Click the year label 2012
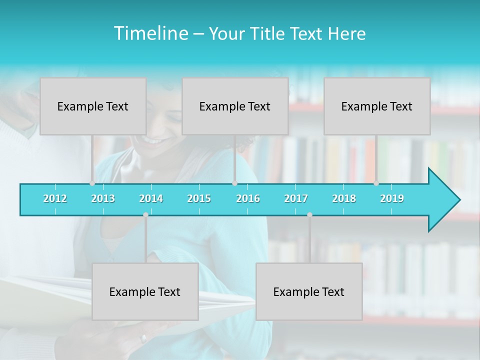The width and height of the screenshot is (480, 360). (55, 198)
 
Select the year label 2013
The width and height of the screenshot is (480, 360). (103, 198)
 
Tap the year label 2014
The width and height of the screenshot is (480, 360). (151, 198)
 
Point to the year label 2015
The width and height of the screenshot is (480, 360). (199, 198)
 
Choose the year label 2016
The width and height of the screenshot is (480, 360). (248, 198)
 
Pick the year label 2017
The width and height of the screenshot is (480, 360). (296, 198)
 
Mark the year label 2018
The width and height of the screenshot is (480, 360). (344, 198)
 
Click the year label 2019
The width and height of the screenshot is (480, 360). (392, 198)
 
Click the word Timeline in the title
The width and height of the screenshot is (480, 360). (150, 33)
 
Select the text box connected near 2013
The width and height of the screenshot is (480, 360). (93, 106)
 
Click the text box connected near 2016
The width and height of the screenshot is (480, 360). (235, 106)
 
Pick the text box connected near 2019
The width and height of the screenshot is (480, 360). (377, 106)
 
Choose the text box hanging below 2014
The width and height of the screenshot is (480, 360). (145, 291)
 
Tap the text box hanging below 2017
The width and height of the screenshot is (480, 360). (309, 291)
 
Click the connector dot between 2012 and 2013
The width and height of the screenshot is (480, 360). (92, 183)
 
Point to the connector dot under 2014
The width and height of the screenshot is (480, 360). (145, 214)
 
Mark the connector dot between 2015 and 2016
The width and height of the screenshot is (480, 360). (234, 183)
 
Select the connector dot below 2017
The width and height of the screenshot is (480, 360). (309, 214)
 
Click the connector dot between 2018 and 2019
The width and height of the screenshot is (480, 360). (376, 183)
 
